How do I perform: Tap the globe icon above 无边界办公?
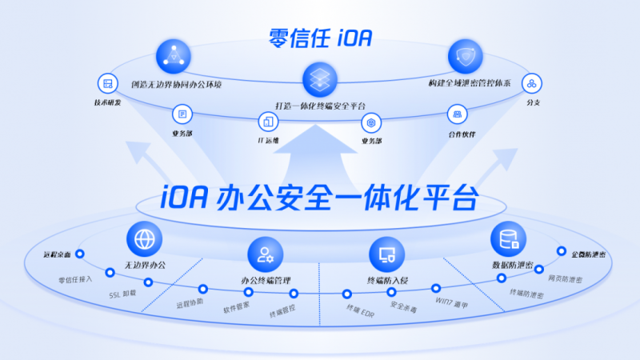click(x=144, y=238)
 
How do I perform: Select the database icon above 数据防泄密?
click(x=507, y=238)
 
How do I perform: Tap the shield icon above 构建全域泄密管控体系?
click(x=465, y=56)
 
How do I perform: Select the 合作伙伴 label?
click(x=459, y=134)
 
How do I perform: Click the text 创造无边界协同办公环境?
click(x=181, y=83)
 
